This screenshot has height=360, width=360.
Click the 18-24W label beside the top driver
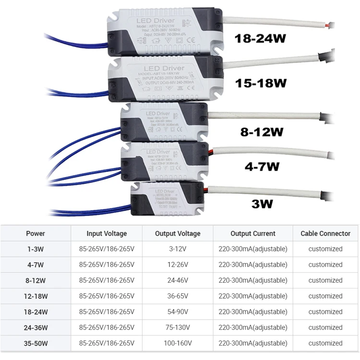[261, 39]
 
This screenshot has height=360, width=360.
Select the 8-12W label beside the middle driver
[262, 132]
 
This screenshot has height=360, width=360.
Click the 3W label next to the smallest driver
[262, 204]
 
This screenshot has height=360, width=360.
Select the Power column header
[36, 233]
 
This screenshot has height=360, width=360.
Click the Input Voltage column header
[107, 233]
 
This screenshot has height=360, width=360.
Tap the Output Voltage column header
[178, 233]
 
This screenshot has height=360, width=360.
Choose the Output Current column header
[253, 233]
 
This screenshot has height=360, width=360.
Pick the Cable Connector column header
[325, 233]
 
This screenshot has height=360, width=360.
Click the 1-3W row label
[36, 249]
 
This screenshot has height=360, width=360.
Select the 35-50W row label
[36, 343]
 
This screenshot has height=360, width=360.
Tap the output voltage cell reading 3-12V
[178, 249]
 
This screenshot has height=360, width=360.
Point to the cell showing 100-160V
[178, 343]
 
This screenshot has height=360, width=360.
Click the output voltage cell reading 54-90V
[178, 312]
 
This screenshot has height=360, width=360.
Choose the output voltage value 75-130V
[178, 327]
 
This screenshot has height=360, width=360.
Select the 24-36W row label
[36, 327]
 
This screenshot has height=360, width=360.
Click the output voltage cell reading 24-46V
[178, 280]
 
